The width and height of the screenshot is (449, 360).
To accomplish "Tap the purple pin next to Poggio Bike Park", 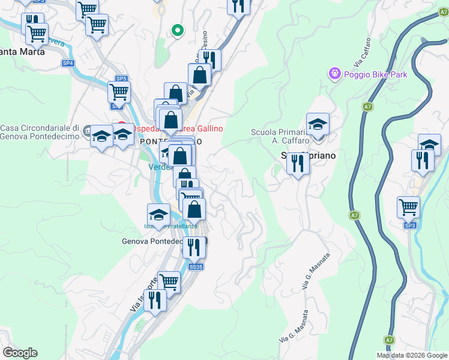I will (334, 74).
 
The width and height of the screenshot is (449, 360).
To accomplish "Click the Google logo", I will (20, 353).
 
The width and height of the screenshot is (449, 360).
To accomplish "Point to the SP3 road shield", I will (410, 225).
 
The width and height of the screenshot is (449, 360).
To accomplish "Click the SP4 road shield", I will (68, 62).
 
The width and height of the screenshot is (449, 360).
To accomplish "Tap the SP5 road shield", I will (121, 79).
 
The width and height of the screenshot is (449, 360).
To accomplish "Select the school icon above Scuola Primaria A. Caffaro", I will (318, 124).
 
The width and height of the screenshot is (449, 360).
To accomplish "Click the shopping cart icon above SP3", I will (408, 207).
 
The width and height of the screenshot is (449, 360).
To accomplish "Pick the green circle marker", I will (177, 29).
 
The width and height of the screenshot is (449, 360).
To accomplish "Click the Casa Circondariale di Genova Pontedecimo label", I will (40, 132).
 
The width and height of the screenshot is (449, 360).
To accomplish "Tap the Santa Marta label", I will (23, 52).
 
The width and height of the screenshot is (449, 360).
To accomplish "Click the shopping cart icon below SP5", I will (119, 92).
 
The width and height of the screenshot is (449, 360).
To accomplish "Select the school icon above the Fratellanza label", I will (158, 215).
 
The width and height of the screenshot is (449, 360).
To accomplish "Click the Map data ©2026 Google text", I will (412, 355).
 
